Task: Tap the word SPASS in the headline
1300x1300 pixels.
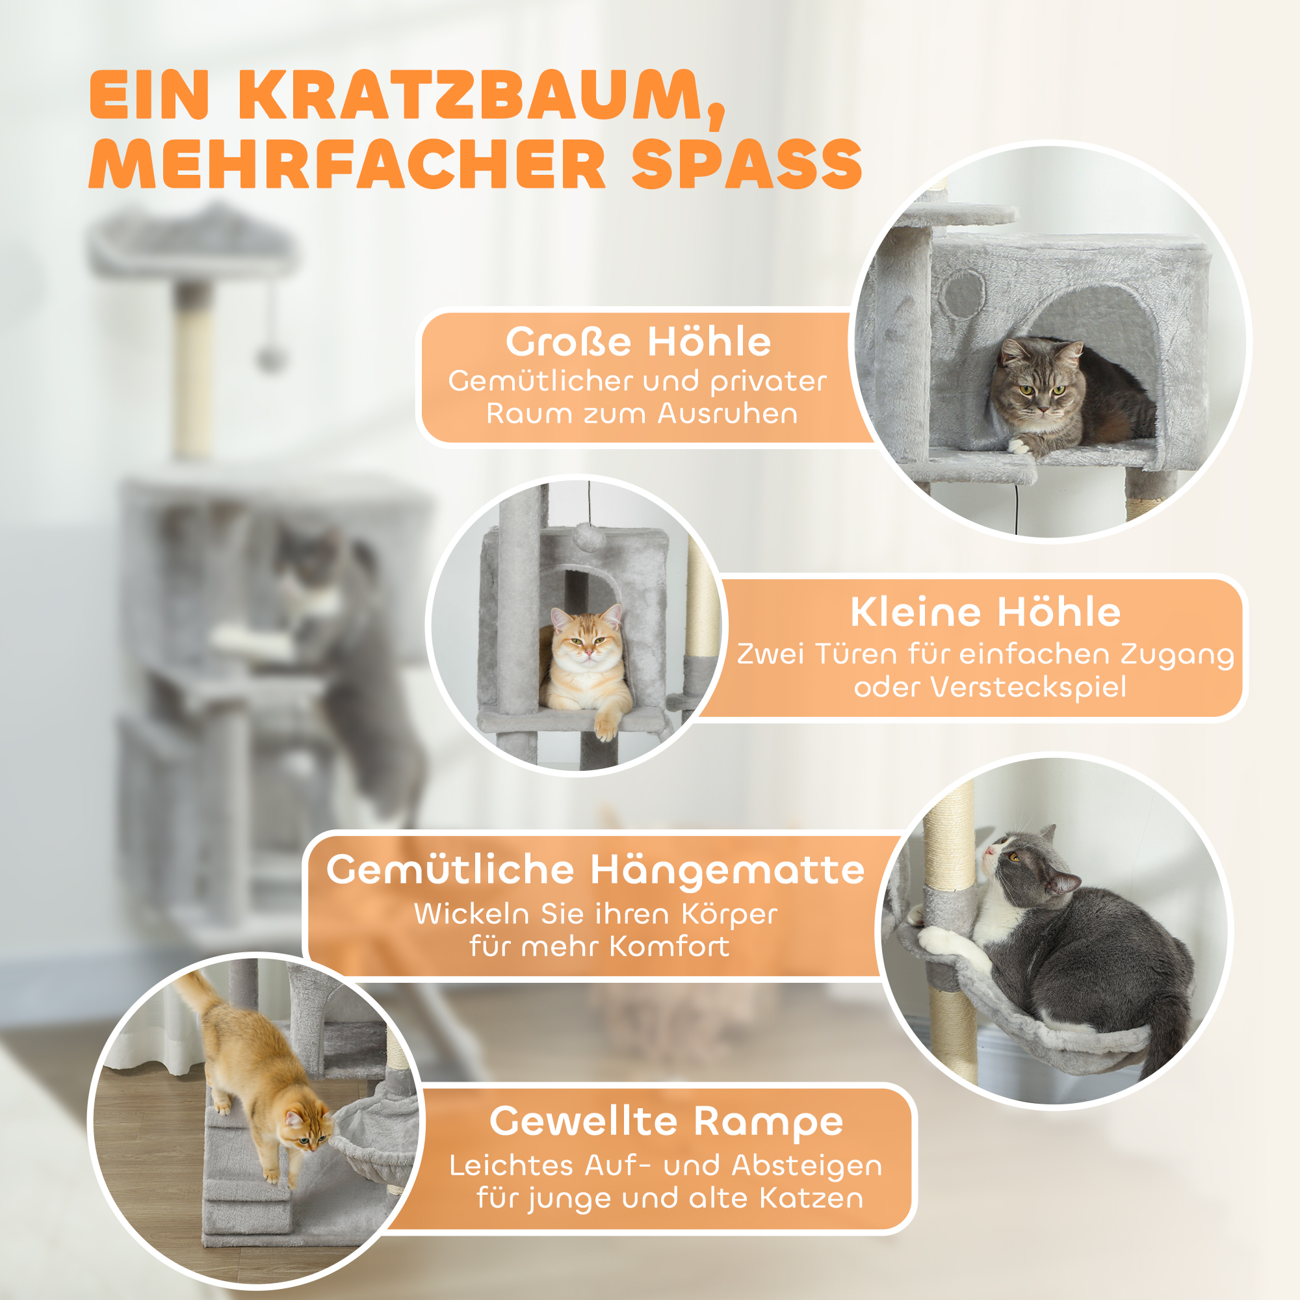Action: (x=747, y=165)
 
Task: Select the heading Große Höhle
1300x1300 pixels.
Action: (x=638, y=342)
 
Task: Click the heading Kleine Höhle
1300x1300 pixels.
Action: (x=986, y=612)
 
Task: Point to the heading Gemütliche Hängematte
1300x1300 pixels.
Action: (x=595, y=870)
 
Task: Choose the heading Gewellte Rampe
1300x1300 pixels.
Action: (x=666, y=1121)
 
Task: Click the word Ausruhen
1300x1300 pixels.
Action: (x=727, y=413)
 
